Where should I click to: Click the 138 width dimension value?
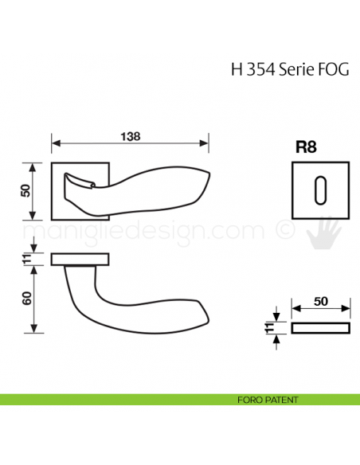pyautogui.click(x=131, y=136)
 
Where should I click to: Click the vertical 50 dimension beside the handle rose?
pyautogui.click(x=25, y=191)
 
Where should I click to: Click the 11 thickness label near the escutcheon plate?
pyautogui.click(x=270, y=327)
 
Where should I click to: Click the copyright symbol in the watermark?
pyautogui.click(x=284, y=231)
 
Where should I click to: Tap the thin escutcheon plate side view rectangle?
pyautogui.click(x=320, y=328)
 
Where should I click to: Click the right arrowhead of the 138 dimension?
pyautogui.click(x=205, y=145)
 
